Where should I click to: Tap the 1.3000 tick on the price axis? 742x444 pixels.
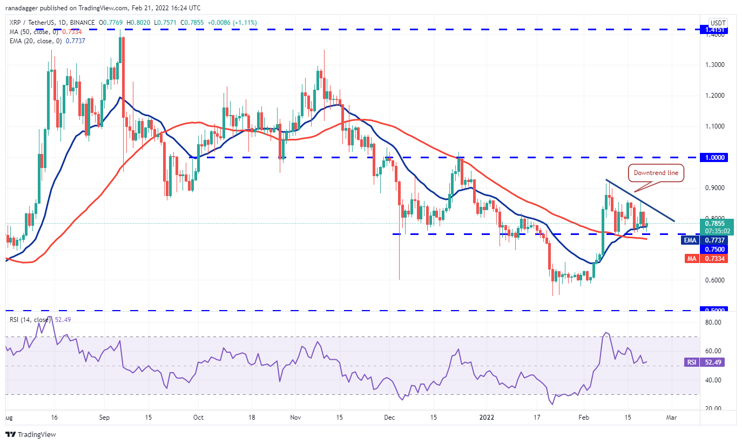712,65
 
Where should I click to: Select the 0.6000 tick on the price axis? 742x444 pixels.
712,280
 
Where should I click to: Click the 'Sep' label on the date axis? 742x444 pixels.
105,418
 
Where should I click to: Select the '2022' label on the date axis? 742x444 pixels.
487,418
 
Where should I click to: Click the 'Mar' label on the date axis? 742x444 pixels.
672,418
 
